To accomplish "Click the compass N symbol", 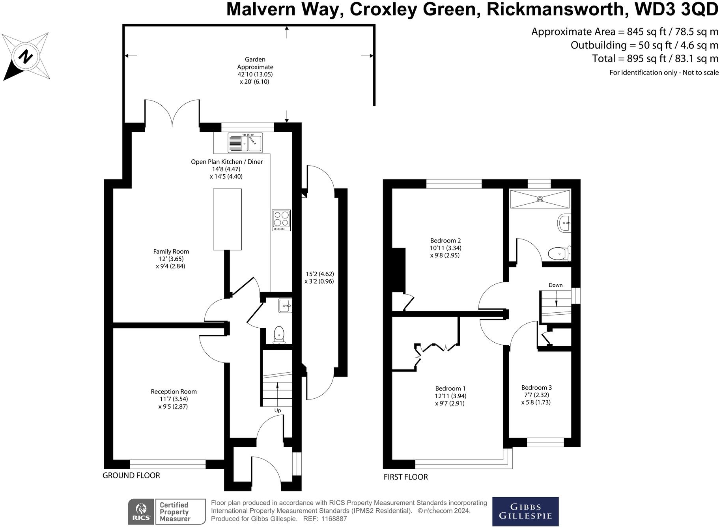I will (x=26, y=57).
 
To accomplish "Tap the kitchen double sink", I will (x=245, y=143).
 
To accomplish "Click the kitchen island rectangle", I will (x=227, y=219).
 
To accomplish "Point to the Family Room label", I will (x=171, y=252).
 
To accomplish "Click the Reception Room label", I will (x=174, y=392).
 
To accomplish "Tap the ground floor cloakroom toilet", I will (x=279, y=335).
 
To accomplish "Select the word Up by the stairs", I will (x=278, y=411).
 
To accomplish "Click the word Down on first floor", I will (x=555, y=285).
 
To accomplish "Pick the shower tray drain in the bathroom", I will (x=540, y=200).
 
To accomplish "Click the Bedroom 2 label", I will (x=445, y=241).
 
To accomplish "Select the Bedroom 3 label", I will (x=536, y=388).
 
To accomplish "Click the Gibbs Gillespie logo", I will (x=525, y=511).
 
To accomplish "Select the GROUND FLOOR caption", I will (x=131, y=476).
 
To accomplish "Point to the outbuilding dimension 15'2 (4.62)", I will (x=320, y=274).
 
